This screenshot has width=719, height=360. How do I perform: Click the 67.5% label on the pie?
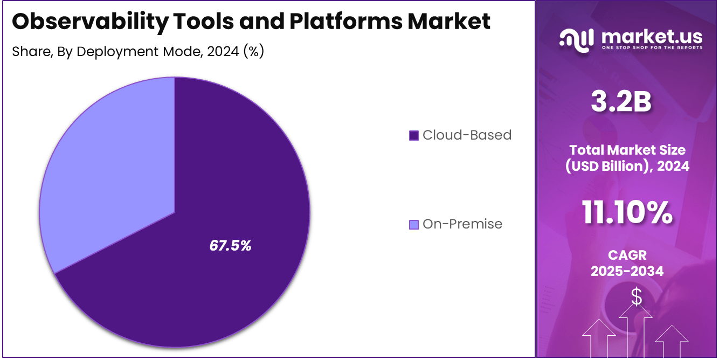click(230, 246)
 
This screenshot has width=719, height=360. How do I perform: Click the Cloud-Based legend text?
click(467, 135)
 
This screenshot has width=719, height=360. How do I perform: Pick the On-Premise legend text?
click(462, 224)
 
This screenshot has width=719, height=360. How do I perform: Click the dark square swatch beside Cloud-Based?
click(414, 135)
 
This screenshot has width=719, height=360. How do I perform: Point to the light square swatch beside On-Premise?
click(414, 224)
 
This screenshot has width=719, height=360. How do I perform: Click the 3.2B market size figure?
click(621, 102)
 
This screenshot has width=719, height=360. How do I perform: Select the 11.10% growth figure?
click(627, 212)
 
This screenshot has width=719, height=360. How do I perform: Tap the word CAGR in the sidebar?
click(627, 254)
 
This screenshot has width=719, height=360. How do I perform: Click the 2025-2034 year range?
click(627, 271)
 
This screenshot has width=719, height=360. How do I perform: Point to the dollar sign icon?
click(637, 296)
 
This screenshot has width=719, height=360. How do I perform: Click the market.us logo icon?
click(576, 40)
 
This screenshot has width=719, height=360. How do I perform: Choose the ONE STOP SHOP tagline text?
click(652, 47)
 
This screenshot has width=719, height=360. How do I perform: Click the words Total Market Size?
click(627, 150)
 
